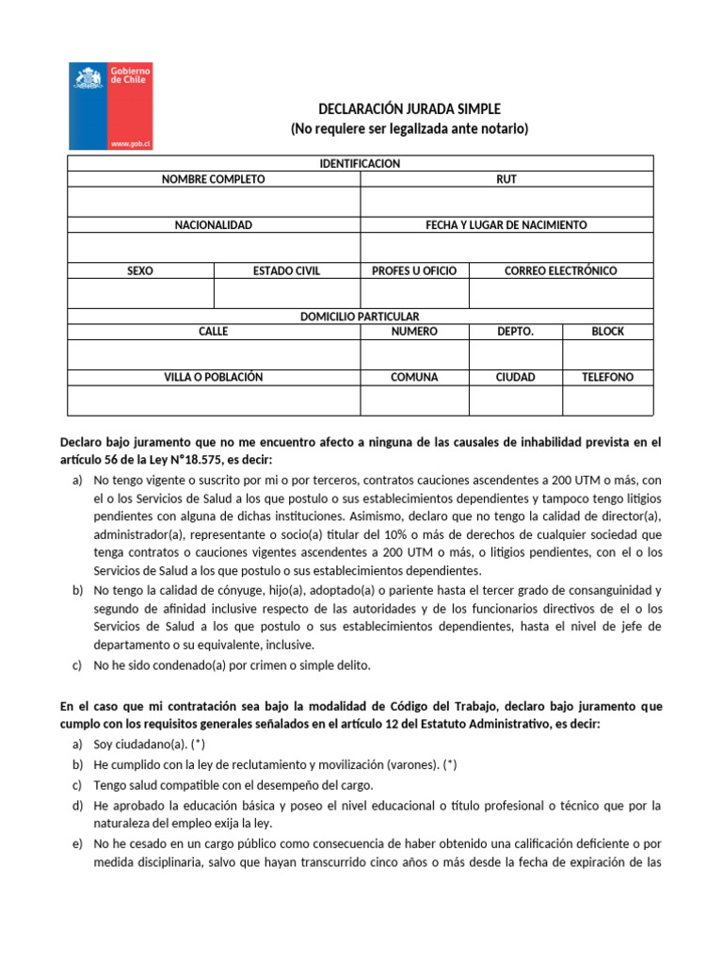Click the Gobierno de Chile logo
point(111,106)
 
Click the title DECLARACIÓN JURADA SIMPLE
point(409,109)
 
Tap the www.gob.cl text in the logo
point(132,143)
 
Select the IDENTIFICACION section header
point(360,164)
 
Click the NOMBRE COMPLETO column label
point(214,179)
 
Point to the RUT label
point(506,179)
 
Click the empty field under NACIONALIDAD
point(214,247)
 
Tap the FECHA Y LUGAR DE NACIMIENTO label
point(506,225)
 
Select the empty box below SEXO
point(140,294)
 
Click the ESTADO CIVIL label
point(286,270)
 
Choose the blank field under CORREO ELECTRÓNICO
point(560,294)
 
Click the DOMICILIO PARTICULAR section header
point(360,317)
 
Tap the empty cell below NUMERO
point(414,354)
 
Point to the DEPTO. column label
point(515,332)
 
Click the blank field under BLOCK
point(607,354)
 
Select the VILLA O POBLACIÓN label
point(214,377)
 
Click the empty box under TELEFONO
point(607,401)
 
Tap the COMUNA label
point(414,377)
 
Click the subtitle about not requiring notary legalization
point(409,129)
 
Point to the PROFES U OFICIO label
point(414,270)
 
